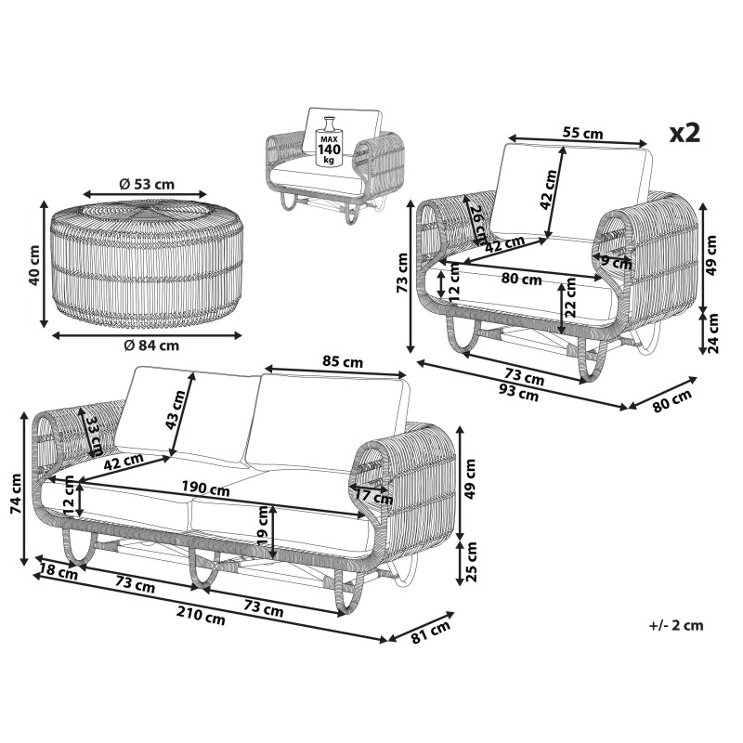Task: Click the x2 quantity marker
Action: [x=684, y=133]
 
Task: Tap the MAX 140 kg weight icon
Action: [x=329, y=141]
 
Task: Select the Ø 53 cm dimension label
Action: [x=147, y=183]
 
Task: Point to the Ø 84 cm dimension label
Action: [x=151, y=345]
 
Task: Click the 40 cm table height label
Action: [x=34, y=266]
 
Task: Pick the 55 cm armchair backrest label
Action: [x=583, y=133]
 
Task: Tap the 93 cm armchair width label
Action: [x=519, y=392]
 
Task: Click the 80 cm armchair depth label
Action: [x=671, y=400]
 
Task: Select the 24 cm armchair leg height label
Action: [x=712, y=333]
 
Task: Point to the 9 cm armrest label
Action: [x=617, y=262]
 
